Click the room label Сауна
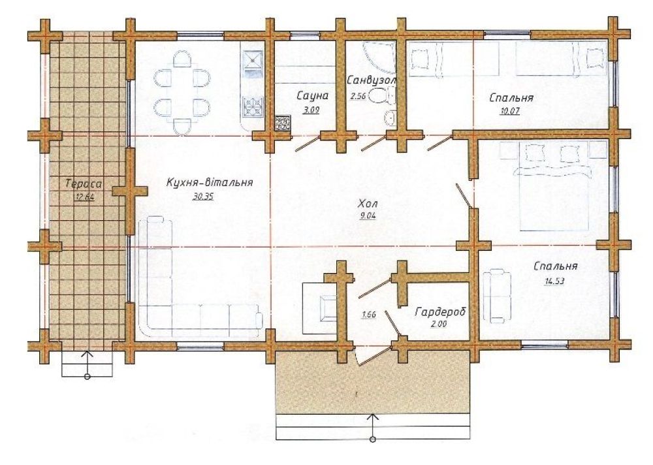(312, 96)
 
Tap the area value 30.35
(203, 197)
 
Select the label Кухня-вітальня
(210, 182)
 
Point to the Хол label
(368, 204)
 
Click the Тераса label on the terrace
(84, 184)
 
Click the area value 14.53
(554, 281)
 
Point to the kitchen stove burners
(253, 106)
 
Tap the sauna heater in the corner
(283, 123)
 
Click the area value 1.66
(369, 315)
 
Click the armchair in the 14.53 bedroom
(497, 296)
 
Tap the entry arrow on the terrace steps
(88, 364)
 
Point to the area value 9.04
(368, 216)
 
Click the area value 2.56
(358, 97)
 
